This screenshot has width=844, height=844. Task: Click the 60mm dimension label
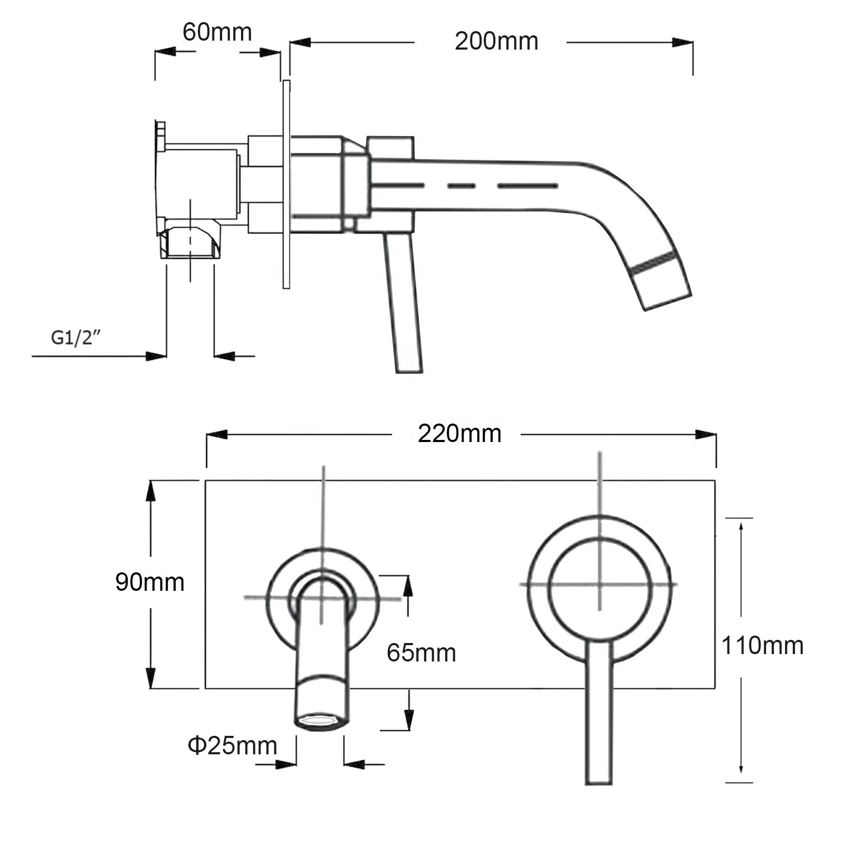(217, 33)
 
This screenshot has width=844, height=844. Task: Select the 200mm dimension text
(496, 42)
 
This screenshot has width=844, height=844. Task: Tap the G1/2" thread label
(75, 337)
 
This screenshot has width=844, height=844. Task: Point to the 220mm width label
(459, 434)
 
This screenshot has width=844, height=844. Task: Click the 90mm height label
(150, 582)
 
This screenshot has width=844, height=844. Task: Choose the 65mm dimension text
(421, 653)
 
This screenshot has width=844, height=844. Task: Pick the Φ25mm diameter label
(232, 746)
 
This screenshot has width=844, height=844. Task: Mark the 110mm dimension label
(762, 646)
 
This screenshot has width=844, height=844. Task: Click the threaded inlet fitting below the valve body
(190, 244)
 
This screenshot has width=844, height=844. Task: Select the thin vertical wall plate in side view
(286, 185)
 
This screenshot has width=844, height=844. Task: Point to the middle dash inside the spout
(461, 186)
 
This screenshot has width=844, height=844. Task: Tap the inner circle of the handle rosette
(599, 584)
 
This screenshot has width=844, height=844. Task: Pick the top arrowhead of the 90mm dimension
(151, 491)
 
